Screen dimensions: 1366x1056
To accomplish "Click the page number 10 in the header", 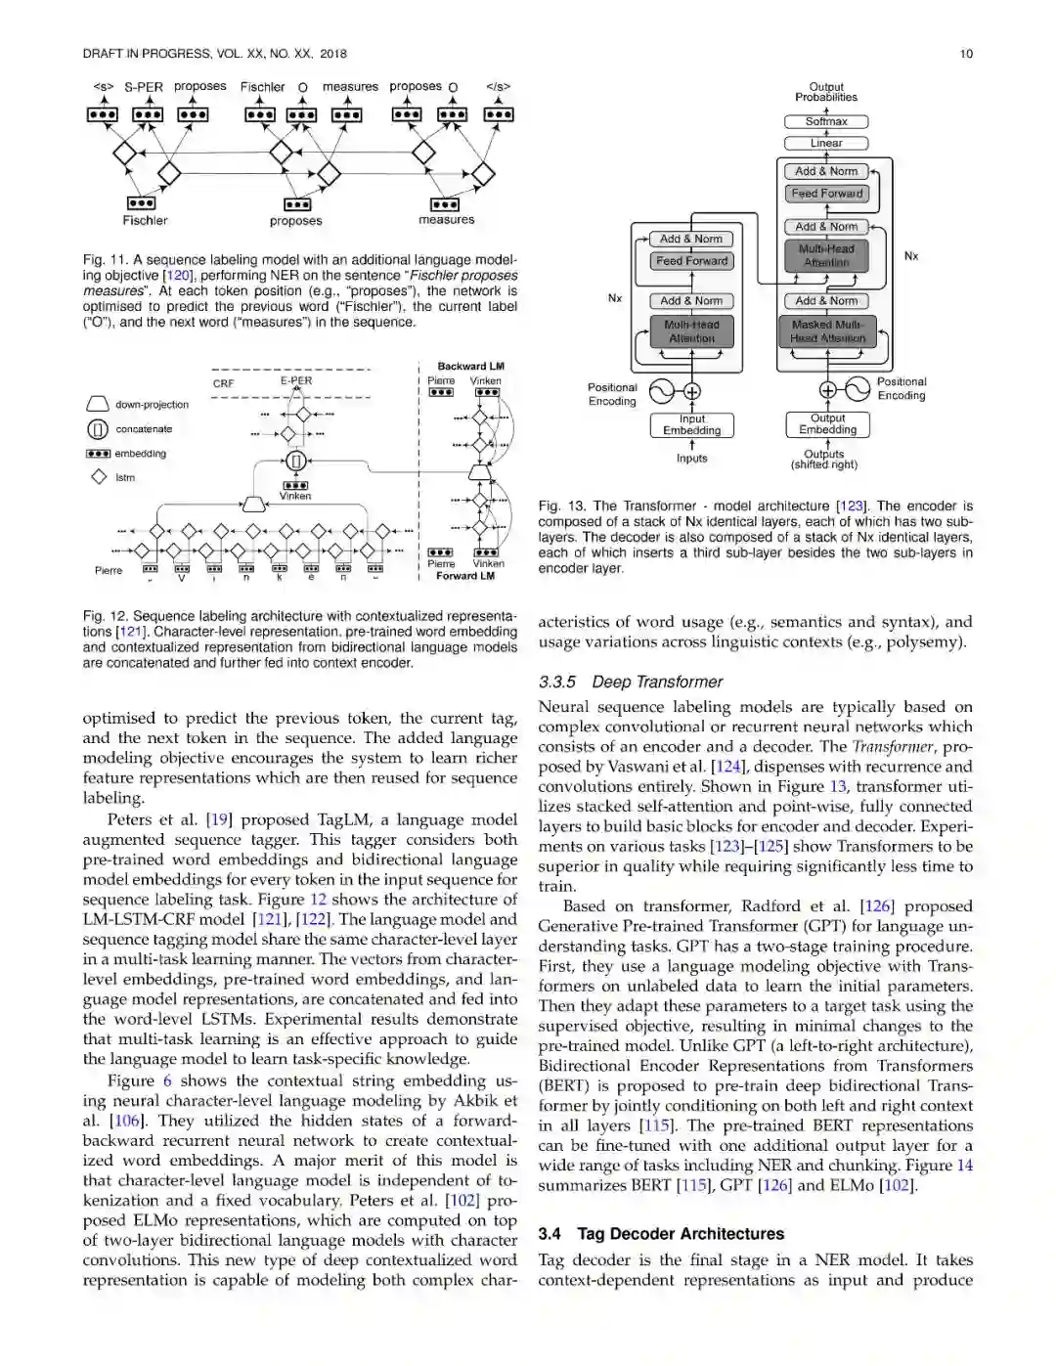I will click(x=966, y=54).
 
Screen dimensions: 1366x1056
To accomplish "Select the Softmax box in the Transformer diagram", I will click(x=826, y=122).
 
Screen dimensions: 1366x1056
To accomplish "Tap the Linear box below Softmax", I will click(x=826, y=144).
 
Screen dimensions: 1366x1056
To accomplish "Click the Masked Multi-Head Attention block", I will click(x=827, y=331).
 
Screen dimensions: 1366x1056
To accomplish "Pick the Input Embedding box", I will click(x=691, y=425).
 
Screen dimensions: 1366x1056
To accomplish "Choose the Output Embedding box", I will click(x=827, y=424).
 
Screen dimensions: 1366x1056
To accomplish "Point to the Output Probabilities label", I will click(x=826, y=92).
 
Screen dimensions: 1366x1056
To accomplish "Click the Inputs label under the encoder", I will click(x=691, y=459).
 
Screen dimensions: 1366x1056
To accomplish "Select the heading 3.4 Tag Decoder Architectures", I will click(x=661, y=1234).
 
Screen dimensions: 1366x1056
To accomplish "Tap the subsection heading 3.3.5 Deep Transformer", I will click(x=631, y=682).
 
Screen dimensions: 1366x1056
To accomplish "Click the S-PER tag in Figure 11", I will click(x=143, y=87).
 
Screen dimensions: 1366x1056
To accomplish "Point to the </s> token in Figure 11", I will click(x=498, y=87).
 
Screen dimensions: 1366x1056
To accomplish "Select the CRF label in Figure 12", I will click(x=223, y=383).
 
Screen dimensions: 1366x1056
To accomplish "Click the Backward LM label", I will click(x=470, y=367).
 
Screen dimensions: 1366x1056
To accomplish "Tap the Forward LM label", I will click(x=465, y=576).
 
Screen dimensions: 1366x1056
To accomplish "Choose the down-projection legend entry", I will click(x=139, y=405).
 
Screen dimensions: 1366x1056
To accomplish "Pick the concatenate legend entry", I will click(x=131, y=429).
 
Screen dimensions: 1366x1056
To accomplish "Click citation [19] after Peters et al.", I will click(x=218, y=819).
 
